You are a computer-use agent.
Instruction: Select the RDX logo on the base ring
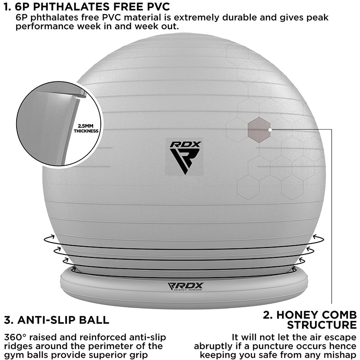[185, 287]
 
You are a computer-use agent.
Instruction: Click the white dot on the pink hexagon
[269, 129]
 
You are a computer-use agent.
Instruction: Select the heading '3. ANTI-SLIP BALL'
[56, 320]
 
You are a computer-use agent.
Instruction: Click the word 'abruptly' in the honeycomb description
[212, 346]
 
